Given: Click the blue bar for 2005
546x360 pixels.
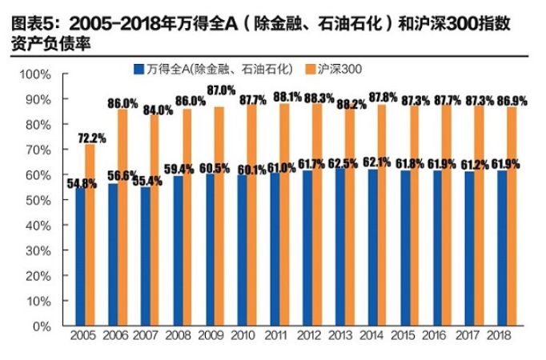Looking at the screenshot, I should [x=80, y=256].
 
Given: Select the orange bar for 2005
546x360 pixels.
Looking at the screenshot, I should [x=90, y=235].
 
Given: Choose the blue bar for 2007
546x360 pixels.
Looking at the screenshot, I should [x=145, y=256].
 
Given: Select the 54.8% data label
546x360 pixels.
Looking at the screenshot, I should [x=81, y=183].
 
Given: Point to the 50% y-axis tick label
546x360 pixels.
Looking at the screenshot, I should [x=38, y=200].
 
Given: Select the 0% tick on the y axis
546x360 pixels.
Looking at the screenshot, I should [x=41, y=326].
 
